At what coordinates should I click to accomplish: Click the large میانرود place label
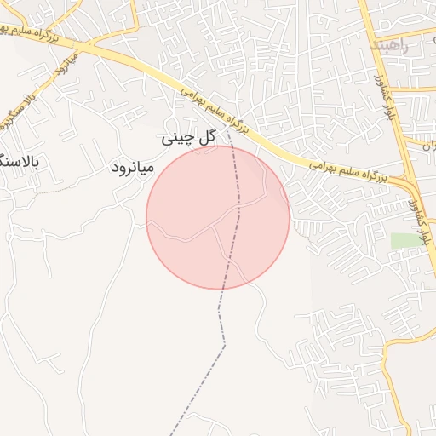click(132, 168)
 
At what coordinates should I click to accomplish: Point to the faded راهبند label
click(391, 45)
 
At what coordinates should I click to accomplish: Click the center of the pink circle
click(218, 217)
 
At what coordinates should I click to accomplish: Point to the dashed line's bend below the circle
click(225, 345)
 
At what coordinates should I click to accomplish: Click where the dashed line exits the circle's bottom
click(221, 288)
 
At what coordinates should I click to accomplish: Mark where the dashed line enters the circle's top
click(234, 147)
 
